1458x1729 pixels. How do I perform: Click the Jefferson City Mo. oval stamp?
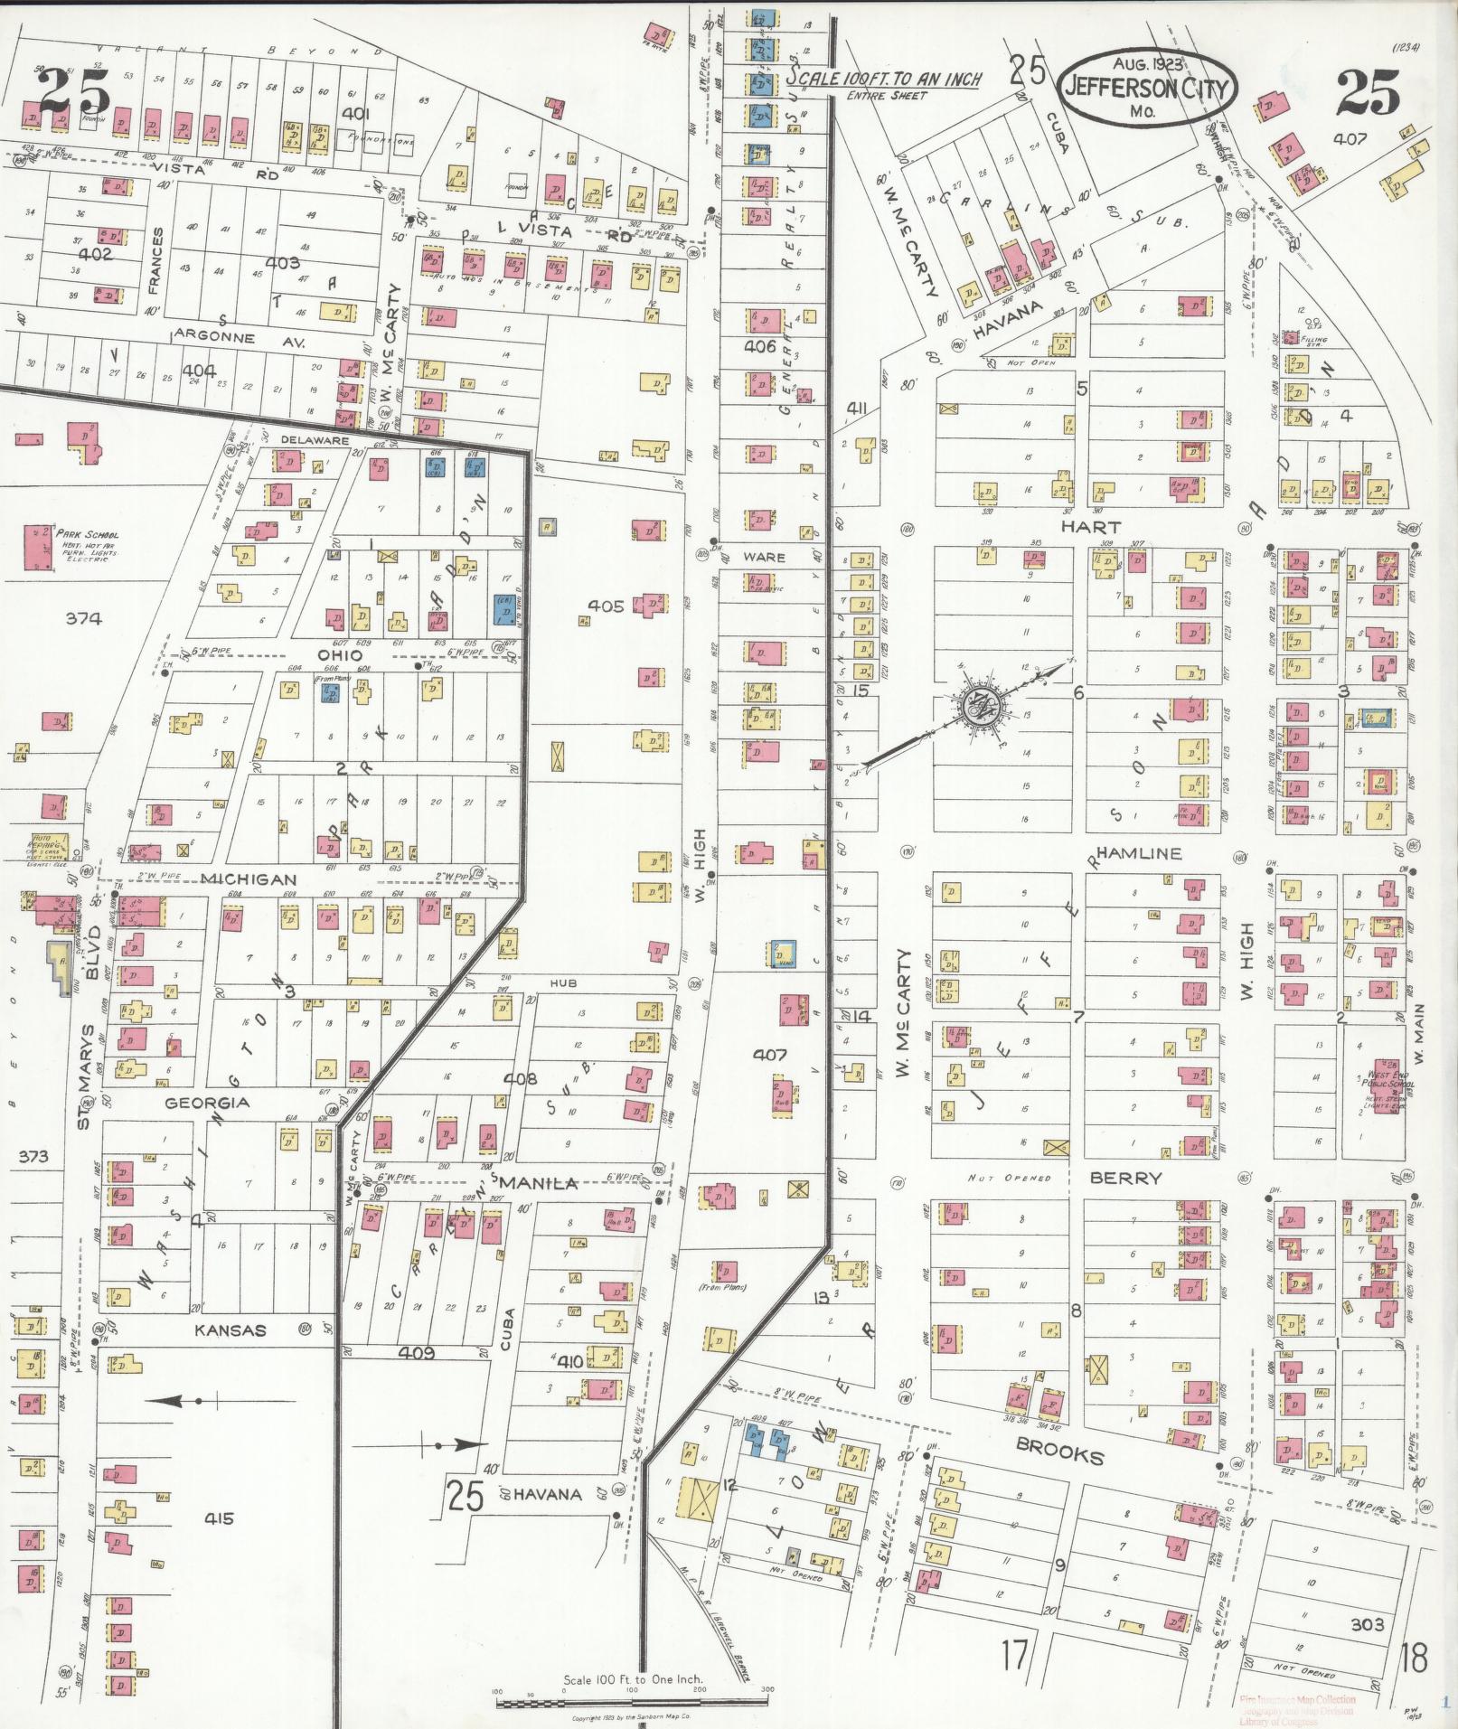click(x=1147, y=88)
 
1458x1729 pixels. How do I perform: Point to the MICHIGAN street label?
click(x=249, y=879)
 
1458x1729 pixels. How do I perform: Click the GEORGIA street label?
click(x=207, y=1103)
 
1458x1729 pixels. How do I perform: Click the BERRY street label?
click(x=1125, y=1178)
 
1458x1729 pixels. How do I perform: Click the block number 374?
click(x=83, y=618)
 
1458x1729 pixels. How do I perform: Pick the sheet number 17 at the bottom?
click(x=1014, y=1656)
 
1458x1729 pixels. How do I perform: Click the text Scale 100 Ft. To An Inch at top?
click(x=884, y=80)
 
